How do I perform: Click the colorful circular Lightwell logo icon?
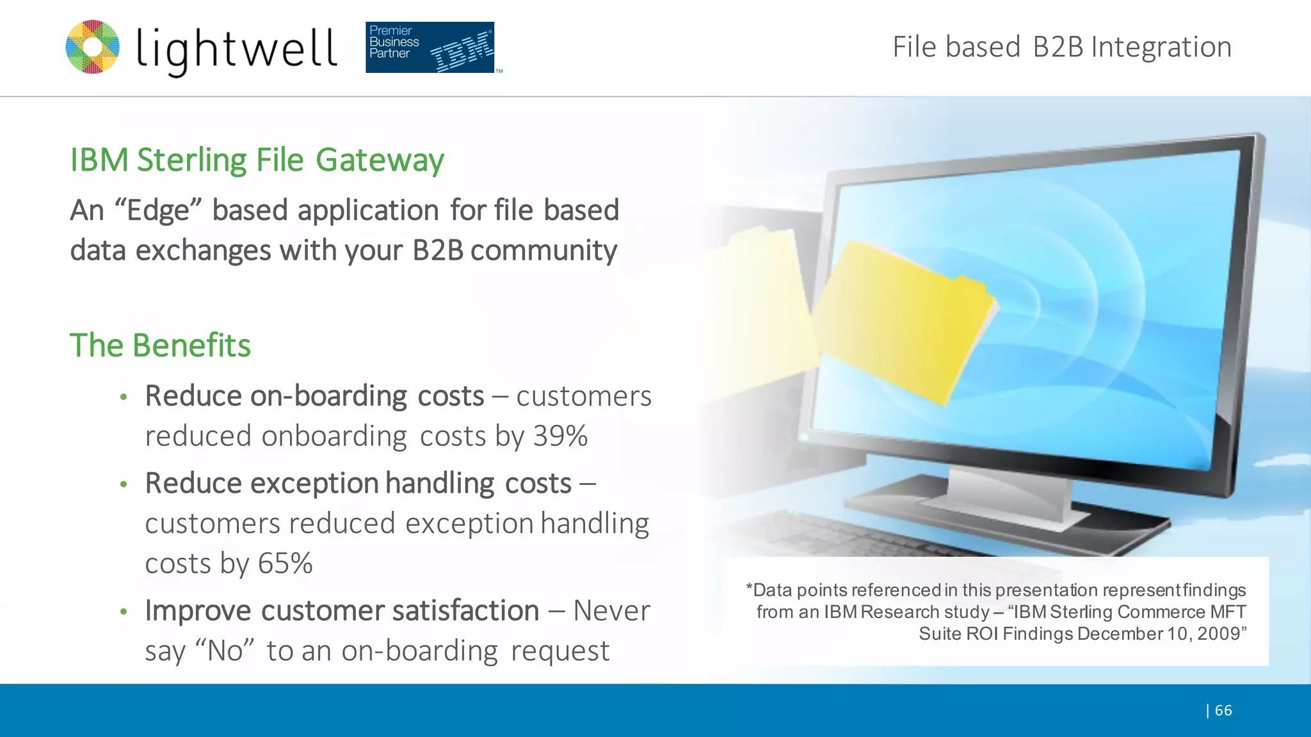pos(93,47)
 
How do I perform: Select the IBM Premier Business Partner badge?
pos(430,47)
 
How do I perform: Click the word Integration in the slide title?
pos(1161,47)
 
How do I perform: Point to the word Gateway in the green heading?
pos(380,160)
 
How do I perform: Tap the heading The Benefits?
pos(160,345)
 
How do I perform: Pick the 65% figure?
pos(285,564)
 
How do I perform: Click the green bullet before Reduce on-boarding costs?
pos(124,397)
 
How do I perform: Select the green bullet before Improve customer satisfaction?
pos(124,612)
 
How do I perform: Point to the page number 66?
pos(1223,710)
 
